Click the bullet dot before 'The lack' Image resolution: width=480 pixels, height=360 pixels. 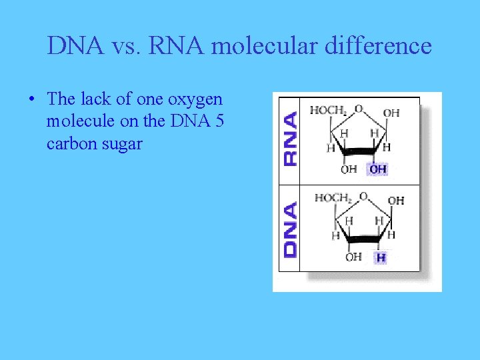[31, 100]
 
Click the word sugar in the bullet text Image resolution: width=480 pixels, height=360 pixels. [122, 143]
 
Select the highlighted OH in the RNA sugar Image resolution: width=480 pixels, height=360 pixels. [378, 169]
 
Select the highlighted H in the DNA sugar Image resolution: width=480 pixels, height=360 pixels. [381, 257]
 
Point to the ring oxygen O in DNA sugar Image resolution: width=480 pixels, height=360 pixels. [363, 196]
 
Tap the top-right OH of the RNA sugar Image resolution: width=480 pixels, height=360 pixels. [392, 113]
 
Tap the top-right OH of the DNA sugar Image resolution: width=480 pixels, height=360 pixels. [396, 201]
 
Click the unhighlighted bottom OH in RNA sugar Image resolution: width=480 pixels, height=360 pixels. [349, 169]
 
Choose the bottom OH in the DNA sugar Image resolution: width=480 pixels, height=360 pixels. [353, 257]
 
